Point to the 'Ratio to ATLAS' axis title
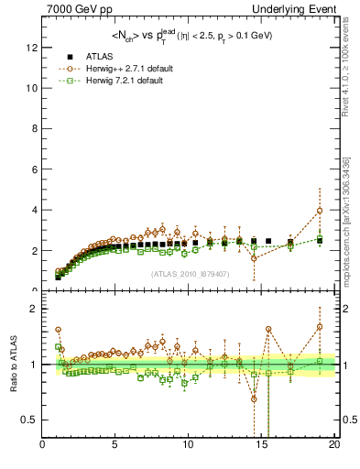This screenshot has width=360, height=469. [13, 364]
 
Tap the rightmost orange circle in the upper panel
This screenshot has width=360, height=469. [320, 211]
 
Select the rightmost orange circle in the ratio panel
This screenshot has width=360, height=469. [320, 326]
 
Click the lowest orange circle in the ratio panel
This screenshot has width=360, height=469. [254, 398]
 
